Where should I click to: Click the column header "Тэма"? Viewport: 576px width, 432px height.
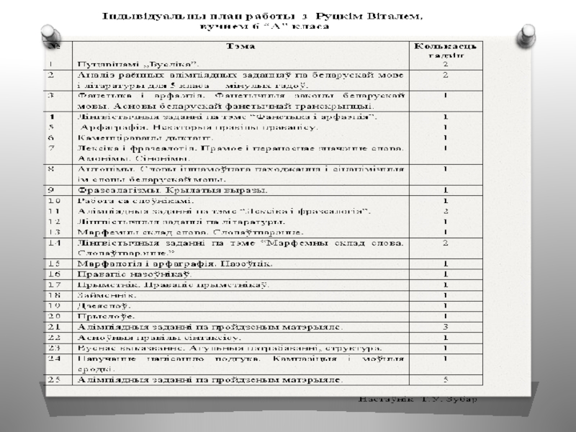point(240,46)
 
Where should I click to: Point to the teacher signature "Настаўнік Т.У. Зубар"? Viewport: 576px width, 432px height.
point(418,398)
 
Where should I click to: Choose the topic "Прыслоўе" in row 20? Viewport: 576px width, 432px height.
point(107,316)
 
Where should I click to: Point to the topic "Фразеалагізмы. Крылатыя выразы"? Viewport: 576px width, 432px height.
point(172,190)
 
